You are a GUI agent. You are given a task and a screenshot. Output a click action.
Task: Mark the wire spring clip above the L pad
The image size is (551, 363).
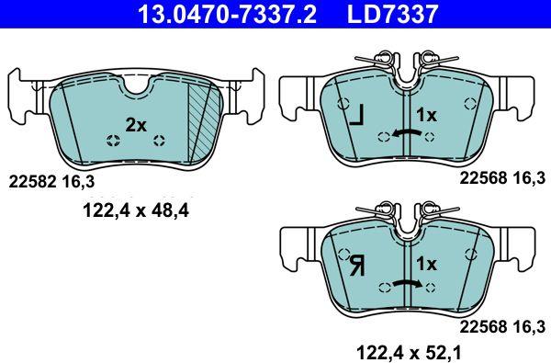click(x=402, y=61)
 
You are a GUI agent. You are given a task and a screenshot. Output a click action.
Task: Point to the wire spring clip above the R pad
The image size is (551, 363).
click(x=402, y=212)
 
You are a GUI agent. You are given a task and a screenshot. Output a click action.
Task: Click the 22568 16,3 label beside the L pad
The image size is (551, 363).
click(x=503, y=182)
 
